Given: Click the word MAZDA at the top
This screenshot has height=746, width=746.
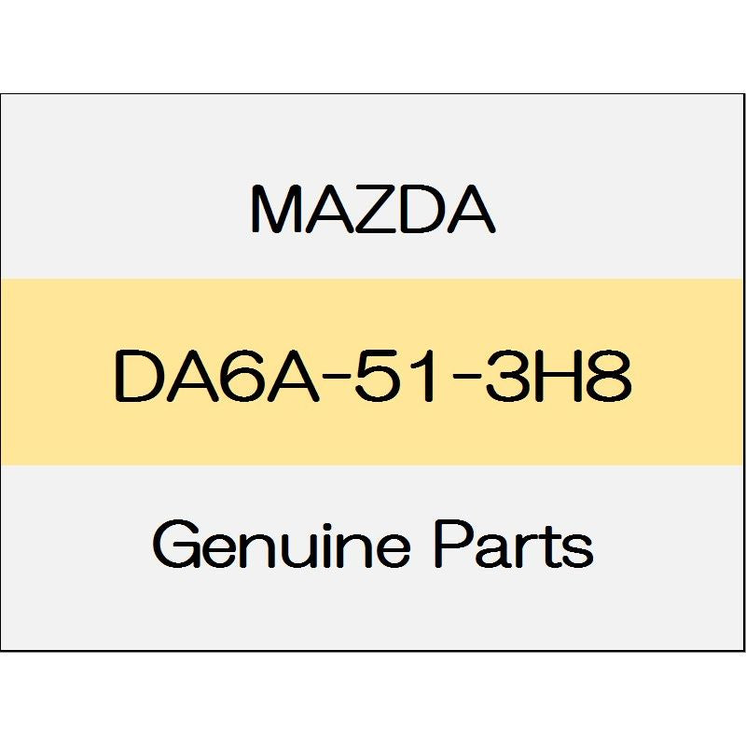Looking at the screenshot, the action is tap(373, 209).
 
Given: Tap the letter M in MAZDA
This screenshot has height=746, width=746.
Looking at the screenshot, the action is tap(274, 209).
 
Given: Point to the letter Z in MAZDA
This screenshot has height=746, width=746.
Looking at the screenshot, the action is tap(374, 209).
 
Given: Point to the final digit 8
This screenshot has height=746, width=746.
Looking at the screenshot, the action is tap(612, 375).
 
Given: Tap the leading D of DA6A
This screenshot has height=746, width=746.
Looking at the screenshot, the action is tap(137, 375).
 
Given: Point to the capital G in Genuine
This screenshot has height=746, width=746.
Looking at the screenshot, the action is tap(178, 543).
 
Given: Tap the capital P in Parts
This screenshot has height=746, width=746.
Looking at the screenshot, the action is tap(454, 543).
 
